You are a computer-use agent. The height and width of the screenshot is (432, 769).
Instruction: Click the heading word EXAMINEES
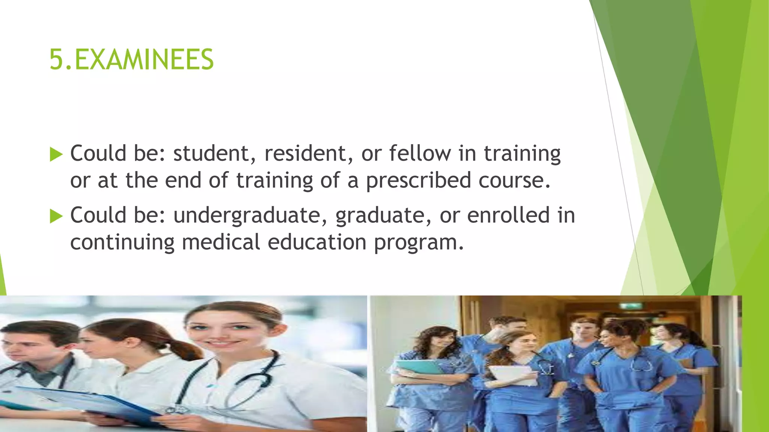pos(144,60)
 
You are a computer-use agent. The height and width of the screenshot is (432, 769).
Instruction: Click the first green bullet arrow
pos(56,154)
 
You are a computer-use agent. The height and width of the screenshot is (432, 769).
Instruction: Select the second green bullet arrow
pos(56,216)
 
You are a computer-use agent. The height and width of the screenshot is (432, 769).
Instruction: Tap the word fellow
pos(420,153)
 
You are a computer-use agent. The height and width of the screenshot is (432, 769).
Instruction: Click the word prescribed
pos(418,181)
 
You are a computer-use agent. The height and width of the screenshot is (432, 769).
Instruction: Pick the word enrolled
pos(508,215)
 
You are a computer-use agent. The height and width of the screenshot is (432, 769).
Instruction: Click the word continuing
pos(122,243)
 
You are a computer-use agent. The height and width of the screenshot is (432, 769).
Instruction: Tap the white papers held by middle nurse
pos(513,375)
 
